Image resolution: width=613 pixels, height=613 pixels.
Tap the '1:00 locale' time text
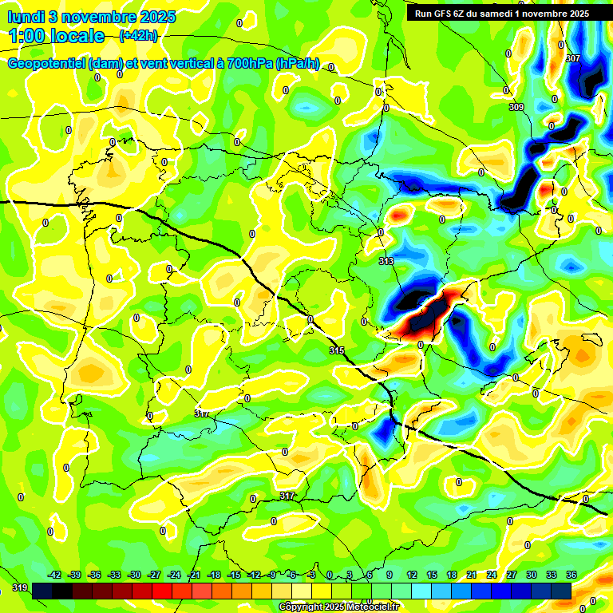[x=57, y=36]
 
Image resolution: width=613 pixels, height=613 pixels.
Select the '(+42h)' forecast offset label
[x=138, y=35]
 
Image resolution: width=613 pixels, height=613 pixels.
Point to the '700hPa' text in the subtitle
[x=247, y=64]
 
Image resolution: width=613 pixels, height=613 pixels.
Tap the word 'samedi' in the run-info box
[x=504, y=14]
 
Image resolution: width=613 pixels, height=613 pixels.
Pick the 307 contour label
[x=572, y=59]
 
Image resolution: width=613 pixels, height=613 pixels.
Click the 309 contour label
[x=516, y=107]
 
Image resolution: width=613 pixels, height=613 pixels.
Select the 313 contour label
[x=386, y=261]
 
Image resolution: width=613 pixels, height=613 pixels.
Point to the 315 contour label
[x=337, y=350]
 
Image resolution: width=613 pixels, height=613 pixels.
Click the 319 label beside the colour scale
[x=19, y=589]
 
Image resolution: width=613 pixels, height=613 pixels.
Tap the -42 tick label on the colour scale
[x=55, y=575]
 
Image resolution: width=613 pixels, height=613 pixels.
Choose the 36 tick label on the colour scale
[x=571, y=575]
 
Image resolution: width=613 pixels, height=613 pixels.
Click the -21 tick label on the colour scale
[x=194, y=575]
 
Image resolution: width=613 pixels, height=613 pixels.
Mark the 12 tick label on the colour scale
[x=412, y=575]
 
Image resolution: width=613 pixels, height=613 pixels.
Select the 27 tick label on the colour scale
[x=511, y=575]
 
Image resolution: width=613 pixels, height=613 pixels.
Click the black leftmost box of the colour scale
[x=42, y=590]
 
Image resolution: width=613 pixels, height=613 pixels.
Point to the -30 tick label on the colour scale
[x=134, y=575]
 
